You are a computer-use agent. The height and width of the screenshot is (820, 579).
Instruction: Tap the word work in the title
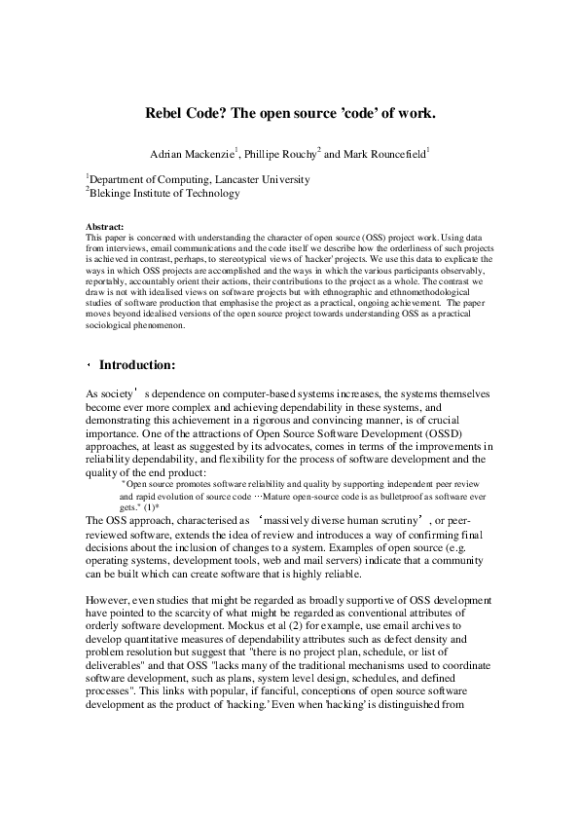click(413, 114)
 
